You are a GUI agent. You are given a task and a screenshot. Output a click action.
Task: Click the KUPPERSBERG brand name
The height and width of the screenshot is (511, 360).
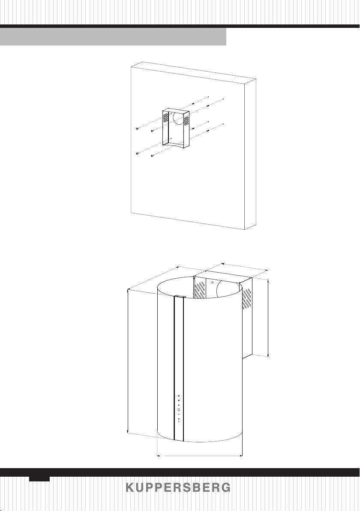pos(178,487)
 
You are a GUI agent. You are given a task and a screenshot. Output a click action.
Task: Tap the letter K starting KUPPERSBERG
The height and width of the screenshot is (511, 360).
pos(130,487)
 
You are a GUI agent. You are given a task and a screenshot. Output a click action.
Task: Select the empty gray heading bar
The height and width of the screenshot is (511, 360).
pos(113,36)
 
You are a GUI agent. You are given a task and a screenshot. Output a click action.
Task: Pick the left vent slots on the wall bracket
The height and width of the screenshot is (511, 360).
pos(166,118)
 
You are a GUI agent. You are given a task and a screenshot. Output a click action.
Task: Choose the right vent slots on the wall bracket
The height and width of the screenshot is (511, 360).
pos(186,120)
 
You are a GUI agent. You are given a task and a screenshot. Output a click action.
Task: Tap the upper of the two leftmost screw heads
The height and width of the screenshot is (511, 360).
pos(138,129)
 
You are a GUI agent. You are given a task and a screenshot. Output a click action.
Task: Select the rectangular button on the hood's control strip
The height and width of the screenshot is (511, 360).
pos(179,409)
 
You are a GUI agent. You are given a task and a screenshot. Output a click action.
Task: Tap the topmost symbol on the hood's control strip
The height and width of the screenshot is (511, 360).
pos(179,396)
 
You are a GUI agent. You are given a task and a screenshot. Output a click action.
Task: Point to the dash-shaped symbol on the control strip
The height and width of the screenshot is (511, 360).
pos(179,414)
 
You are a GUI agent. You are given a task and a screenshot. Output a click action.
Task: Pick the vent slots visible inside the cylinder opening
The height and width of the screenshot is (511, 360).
pos(200,290)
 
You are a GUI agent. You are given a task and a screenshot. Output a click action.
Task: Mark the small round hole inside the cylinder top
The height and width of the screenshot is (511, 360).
pos(212,282)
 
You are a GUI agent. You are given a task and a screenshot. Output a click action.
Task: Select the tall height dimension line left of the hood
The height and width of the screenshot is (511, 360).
pos(127,361)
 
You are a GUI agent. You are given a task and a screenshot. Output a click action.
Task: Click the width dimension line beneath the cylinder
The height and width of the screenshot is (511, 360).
pos(200,456)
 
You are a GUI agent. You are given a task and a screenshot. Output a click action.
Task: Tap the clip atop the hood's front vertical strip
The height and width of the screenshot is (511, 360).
pos(179,297)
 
